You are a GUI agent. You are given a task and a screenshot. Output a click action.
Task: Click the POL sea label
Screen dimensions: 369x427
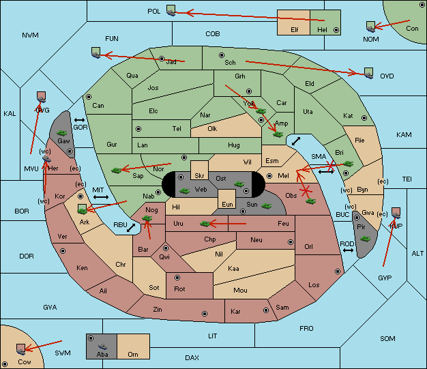tap(153, 12)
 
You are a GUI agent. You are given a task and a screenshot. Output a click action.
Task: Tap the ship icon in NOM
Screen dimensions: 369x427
tap(370, 27)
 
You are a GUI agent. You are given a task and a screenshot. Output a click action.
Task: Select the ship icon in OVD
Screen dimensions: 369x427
tap(369, 72)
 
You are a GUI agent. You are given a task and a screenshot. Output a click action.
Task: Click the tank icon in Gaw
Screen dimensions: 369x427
tap(61, 130)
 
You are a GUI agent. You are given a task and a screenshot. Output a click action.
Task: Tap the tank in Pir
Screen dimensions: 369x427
tap(365, 239)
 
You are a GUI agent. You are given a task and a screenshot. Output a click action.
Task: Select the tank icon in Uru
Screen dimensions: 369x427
tap(204, 223)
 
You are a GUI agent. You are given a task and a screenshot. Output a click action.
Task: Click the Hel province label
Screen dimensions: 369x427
tap(323, 31)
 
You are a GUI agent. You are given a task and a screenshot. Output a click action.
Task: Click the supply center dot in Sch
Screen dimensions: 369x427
tap(221, 55)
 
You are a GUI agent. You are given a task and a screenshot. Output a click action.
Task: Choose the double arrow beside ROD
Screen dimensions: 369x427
tap(348, 251)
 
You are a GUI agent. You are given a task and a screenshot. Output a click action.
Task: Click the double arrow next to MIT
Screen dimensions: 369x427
tap(101, 197)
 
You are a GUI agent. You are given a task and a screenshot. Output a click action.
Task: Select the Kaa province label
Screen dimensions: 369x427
tap(233, 269)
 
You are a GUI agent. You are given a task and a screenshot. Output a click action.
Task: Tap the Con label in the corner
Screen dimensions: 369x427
tap(412, 29)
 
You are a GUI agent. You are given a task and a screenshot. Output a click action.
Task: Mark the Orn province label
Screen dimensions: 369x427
tap(132, 355)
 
